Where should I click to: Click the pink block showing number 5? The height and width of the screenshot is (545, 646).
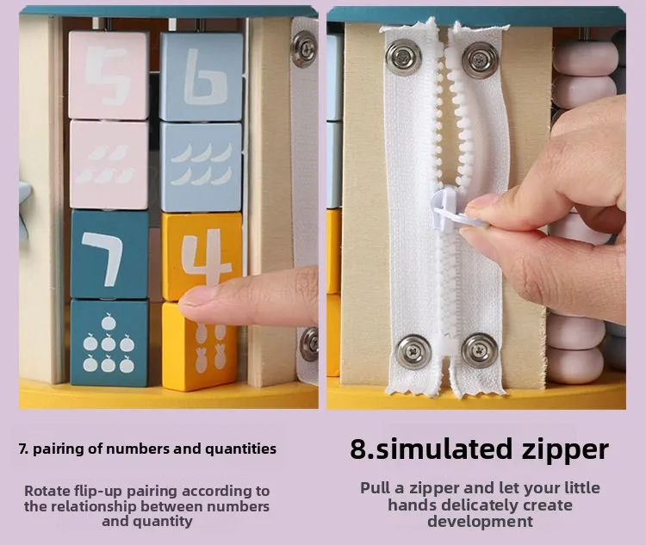[109, 75]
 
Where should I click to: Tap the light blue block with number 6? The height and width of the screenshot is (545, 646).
[202, 77]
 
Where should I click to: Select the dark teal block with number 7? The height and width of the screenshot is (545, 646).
[110, 254]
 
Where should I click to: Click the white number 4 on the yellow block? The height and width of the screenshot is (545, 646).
[207, 257]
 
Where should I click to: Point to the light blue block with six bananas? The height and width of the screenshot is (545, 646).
[202, 166]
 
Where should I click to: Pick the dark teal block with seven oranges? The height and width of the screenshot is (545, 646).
[109, 343]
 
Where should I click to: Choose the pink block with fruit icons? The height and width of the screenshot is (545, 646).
[109, 164]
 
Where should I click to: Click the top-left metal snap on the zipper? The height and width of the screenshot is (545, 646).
[404, 58]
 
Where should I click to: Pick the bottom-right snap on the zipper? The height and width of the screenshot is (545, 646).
[479, 350]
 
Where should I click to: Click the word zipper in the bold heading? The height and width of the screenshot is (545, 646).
[565, 450]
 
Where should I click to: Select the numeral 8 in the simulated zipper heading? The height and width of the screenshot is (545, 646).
[357, 449]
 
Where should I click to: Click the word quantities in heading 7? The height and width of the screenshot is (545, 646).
[240, 449]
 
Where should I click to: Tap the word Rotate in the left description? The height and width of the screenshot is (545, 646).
[41, 491]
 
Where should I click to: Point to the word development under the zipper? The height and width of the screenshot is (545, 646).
[480, 522]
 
